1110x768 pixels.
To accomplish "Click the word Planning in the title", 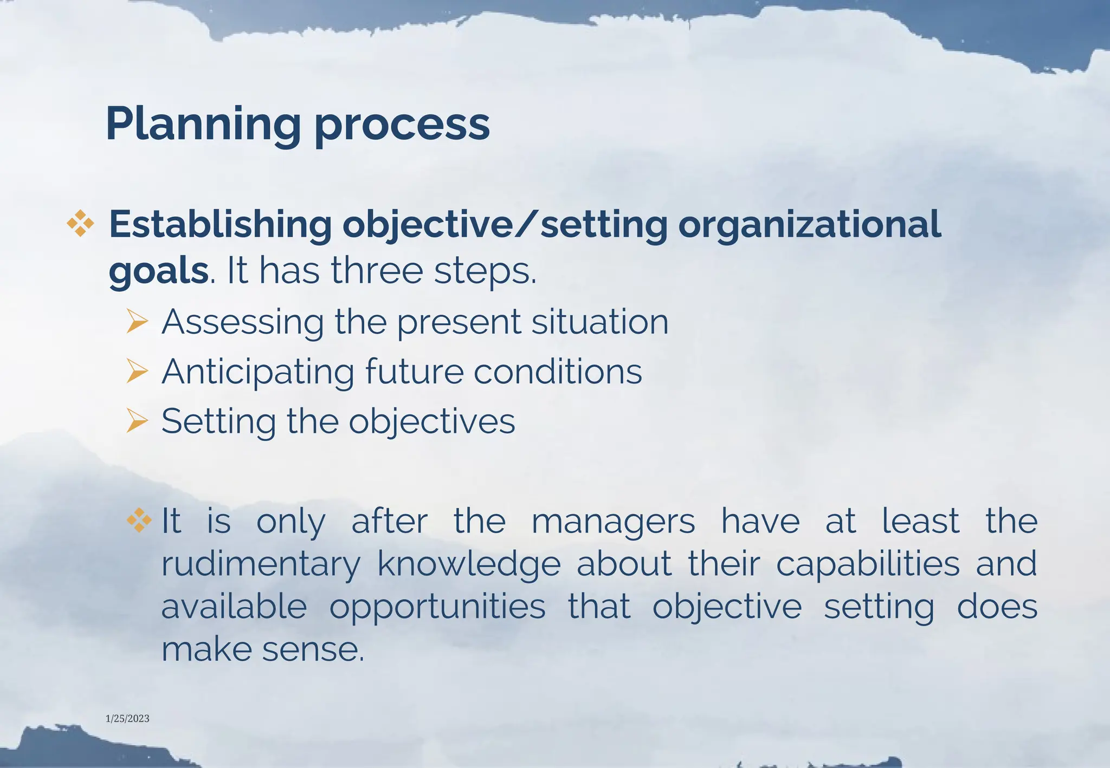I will pyautogui.click(x=203, y=125).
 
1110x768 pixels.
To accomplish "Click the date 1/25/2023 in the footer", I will pyautogui.click(x=127, y=719).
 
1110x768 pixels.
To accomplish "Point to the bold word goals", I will pyautogui.click(x=158, y=271).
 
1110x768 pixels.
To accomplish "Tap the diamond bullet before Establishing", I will pyautogui.click(x=80, y=224).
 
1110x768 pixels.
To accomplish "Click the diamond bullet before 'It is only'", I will pyautogui.click(x=139, y=520).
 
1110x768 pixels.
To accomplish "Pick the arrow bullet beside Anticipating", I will pyautogui.click(x=137, y=372).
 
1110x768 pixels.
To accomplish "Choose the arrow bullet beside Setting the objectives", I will pyautogui.click(x=137, y=421).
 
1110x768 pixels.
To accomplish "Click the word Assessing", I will pyautogui.click(x=243, y=322).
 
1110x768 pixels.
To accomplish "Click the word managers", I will pyautogui.click(x=613, y=522).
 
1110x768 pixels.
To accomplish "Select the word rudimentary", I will pyautogui.click(x=261, y=564).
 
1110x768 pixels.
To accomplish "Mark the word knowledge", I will pyautogui.click(x=469, y=564).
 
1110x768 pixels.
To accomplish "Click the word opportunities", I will pyautogui.click(x=437, y=607).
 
